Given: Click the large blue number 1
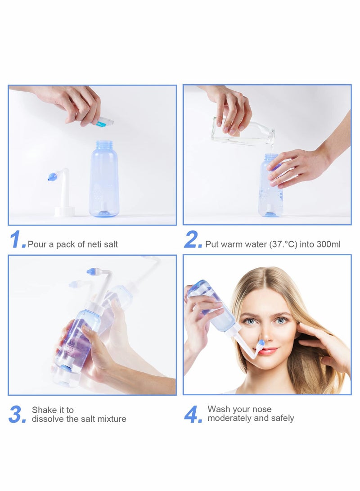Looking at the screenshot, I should (17, 240).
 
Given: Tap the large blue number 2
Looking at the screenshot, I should (192, 240).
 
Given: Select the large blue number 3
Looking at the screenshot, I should (17, 414).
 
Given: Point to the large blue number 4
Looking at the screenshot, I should (193, 414).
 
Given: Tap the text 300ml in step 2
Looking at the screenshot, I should (329, 244).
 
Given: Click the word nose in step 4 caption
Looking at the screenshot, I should (262, 409).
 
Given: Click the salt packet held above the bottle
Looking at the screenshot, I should (103, 121).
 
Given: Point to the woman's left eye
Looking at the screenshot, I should (282, 320).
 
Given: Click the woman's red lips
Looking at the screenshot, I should (267, 351).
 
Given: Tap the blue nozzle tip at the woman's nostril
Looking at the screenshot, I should (261, 343).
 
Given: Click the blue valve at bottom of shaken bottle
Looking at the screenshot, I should (65, 368).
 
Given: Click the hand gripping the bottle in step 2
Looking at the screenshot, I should (297, 167).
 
